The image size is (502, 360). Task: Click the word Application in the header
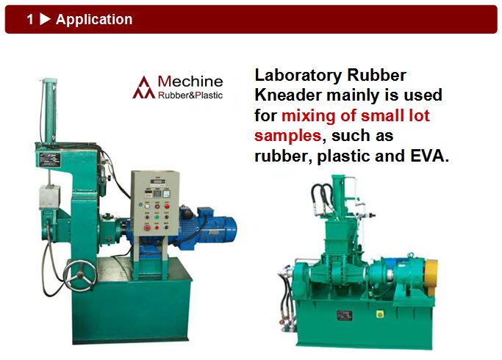[x=94, y=20]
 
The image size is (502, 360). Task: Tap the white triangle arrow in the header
[x=45, y=19]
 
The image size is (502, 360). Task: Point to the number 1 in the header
[x=30, y=19]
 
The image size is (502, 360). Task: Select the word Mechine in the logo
[x=190, y=82]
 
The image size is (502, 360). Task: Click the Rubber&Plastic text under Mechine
[x=190, y=95]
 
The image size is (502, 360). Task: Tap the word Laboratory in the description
[x=298, y=76]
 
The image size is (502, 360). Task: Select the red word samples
[x=288, y=136]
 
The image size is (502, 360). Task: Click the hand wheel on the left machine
[x=80, y=276]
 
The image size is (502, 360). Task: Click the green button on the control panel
[x=157, y=217]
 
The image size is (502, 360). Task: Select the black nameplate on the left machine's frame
[x=50, y=160]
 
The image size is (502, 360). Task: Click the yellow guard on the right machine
[x=431, y=278]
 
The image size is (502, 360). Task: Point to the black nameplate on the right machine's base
[x=345, y=315]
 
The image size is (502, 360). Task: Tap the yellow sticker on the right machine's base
[x=380, y=314]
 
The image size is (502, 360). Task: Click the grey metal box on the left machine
[x=49, y=197]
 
